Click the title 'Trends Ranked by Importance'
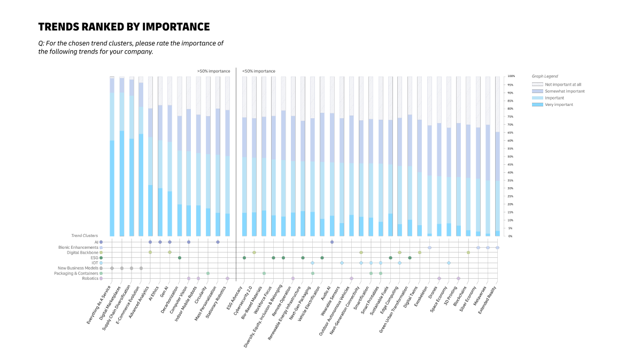(124, 27)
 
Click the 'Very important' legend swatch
(537, 105)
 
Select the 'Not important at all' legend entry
(556, 85)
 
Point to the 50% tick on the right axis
(511, 157)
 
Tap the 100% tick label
(511, 76)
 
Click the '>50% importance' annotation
(213, 71)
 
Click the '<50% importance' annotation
(259, 71)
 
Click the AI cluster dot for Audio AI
(332, 242)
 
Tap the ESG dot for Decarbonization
(180, 258)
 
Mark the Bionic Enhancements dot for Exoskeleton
(429, 248)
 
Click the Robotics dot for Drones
(439, 278)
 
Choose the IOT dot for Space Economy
(449, 263)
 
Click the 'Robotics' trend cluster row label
(90, 278)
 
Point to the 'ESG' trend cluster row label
(94, 258)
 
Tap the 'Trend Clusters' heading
(84, 235)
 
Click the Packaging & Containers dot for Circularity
(208, 273)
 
